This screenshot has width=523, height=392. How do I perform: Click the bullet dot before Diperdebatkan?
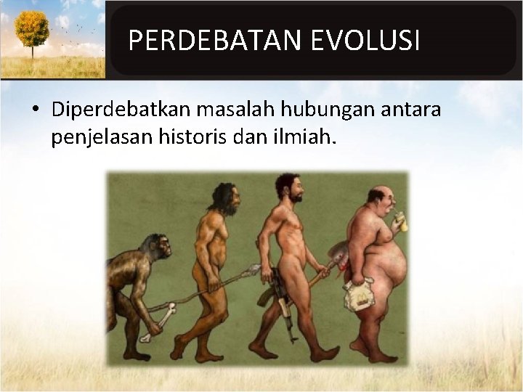pyautogui.click(x=35, y=110)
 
